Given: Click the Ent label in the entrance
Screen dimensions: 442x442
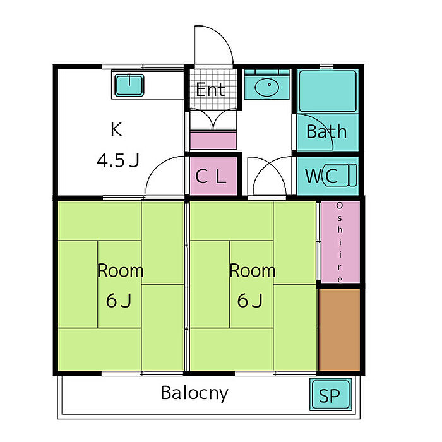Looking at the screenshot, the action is pos(210,90).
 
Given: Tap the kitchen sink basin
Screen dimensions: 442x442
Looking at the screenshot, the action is pos(129,85).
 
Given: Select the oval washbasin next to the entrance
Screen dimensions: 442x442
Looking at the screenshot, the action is pos(266,87).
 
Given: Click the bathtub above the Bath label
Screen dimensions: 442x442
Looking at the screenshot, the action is pos(328,92).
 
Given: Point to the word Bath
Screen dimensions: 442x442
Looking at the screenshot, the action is pos(326,131).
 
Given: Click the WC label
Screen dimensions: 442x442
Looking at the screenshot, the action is pos(321,176).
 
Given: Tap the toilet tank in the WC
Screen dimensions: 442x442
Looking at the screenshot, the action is pos(352,175).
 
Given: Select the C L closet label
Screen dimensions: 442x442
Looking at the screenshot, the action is pos(211,176).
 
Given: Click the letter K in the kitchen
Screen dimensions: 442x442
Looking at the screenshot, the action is pos(116,129).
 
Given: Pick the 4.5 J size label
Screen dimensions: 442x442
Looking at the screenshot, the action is pos(118,160).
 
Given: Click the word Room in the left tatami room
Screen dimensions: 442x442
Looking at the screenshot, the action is pos(120,271).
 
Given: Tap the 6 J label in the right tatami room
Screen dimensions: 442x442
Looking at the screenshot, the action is pos(250,301).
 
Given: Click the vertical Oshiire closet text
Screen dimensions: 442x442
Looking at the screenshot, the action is pos(340,242).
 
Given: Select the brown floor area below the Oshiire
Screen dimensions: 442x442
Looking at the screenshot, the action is pos(340,330).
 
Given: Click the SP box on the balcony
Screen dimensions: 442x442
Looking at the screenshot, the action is pos(331,395).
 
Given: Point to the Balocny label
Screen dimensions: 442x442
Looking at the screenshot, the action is pos(194,393).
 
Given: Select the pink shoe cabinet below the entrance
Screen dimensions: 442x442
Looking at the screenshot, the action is pos(213,141).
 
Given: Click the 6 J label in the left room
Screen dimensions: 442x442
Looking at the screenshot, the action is pos(119,301).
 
